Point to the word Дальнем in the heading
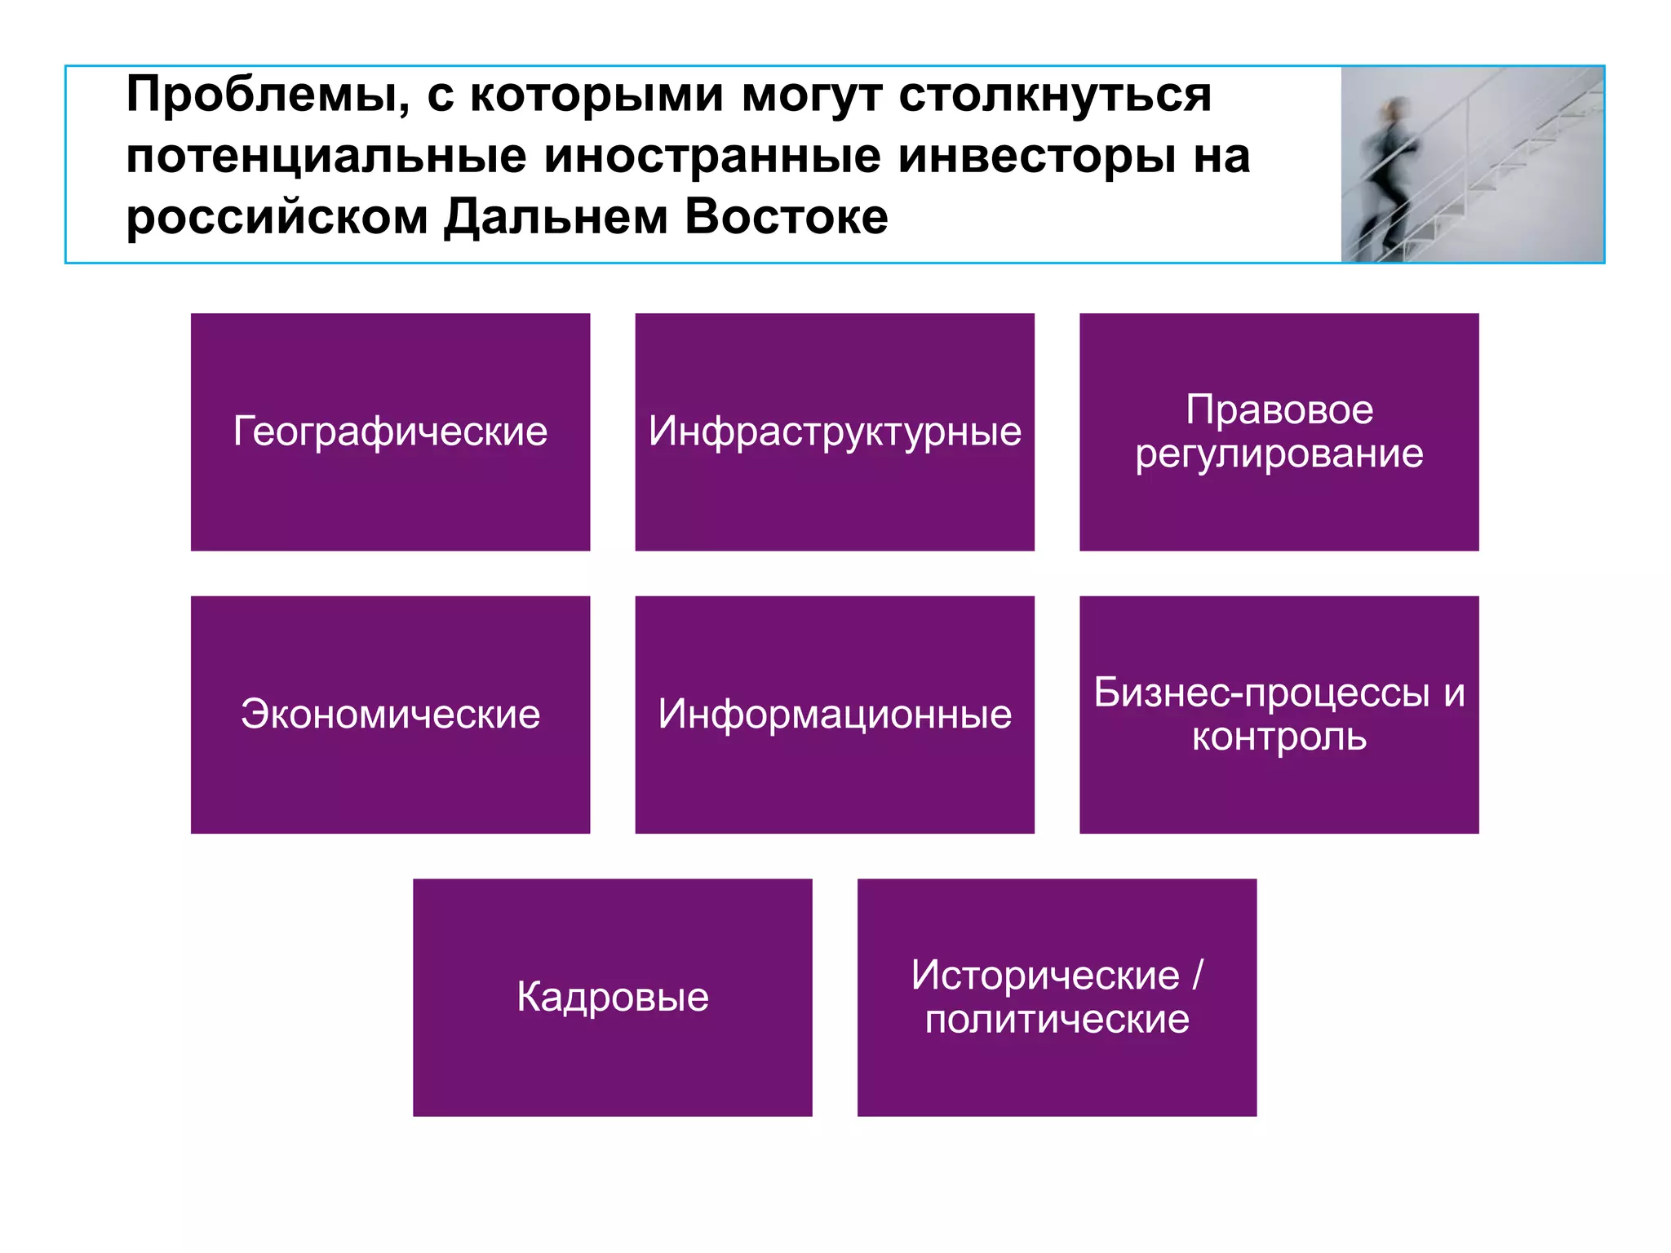pos(555,218)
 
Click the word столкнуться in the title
pos(1055,96)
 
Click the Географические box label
pos(390,432)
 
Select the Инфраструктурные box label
pos(835,432)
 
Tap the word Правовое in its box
pos(1279,410)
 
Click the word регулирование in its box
pos(1279,454)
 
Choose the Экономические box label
pos(390,715)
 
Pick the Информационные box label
pos(835,715)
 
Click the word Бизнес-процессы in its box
pos(1261,693)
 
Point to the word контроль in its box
pos(1279,737)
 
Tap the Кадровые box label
pos(613,997)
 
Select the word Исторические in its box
pos(1045,976)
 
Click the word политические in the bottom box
pos(1057,1020)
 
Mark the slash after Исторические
pos(1197,976)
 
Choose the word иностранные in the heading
pos(712,157)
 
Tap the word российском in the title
pos(277,218)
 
